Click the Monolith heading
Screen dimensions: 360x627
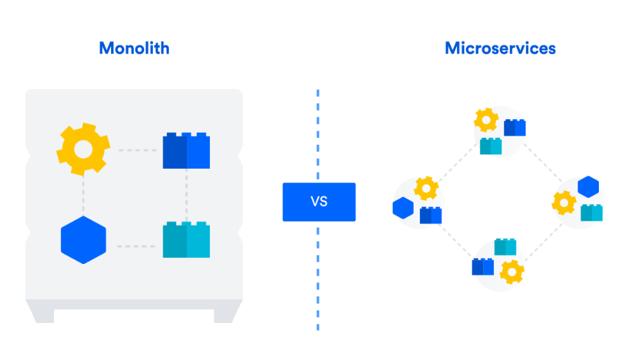click(x=134, y=48)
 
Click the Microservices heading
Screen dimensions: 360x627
click(x=500, y=48)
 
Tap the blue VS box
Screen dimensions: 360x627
click(x=319, y=202)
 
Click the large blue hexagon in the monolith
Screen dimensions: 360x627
click(x=83, y=240)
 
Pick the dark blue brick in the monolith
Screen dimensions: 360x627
click(x=186, y=151)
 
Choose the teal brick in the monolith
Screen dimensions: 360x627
click(x=186, y=240)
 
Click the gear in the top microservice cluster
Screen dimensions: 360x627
click(x=486, y=121)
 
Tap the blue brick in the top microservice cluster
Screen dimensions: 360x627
click(x=514, y=128)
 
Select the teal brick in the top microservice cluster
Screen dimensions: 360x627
click(x=490, y=146)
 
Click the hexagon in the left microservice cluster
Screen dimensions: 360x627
click(x=403, y=208)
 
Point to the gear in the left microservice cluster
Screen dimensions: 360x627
click(x=426, y=187)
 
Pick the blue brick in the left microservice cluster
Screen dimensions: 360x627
click(x=431, y=215)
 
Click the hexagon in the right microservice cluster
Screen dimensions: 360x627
click(x=588, y=187)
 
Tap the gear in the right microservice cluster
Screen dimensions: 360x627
click(x=565, y=202)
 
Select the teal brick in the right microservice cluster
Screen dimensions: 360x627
click(x=591, y=213)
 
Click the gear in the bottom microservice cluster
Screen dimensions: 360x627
click(x=512, y=272)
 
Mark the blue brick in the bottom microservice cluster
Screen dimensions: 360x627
click(x=482, y=267)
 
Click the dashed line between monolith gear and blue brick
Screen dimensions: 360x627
click(x=137, y=150)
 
